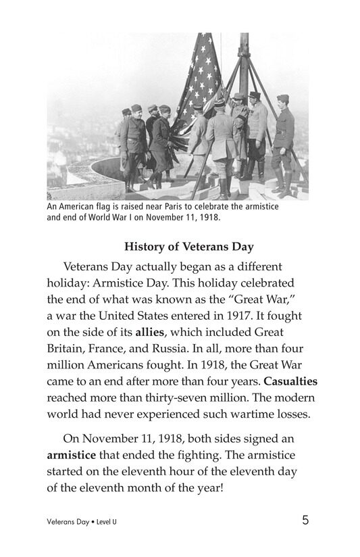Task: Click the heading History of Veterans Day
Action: pyautogui.click(x=180, y=246)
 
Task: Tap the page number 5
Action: pyautogui.click(x=306, y=520)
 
